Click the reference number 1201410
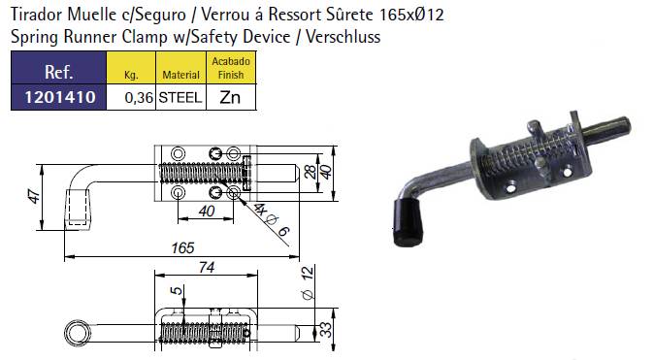click(60, 97)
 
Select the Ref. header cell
click(58, 68)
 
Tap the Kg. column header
click(131, 68)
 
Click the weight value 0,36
click(140, 98)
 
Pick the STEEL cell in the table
click(180, 98)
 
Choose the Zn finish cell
click(230, 97)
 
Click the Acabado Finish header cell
click(231, 68)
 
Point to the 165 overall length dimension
click(182, 247)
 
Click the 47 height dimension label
click(35, 196)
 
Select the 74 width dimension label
click(207, 267)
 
